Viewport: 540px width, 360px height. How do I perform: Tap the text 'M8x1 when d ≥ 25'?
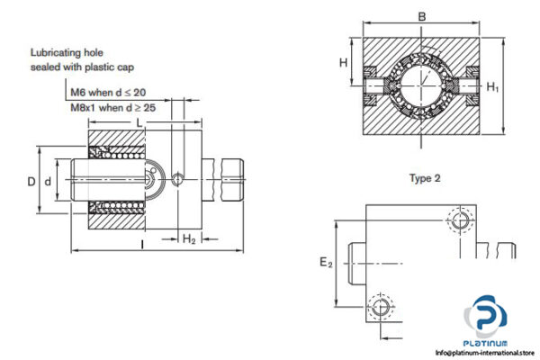click(x=112, y=106)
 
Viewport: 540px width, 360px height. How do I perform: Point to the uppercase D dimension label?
click(x=31, y=183)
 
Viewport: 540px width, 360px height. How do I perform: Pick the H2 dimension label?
click(x=189, y=238)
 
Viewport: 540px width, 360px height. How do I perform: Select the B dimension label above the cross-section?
click(x=422, y=15)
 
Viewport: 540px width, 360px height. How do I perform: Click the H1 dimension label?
click(x=491, y=87)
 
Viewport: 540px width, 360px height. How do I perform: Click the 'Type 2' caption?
click(x=424, y=178)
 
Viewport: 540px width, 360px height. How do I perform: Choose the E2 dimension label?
click(x=326, y=263)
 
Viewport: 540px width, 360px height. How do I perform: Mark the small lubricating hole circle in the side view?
click(x=178, y=179)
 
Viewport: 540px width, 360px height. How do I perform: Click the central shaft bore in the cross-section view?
click(x=421, y=87)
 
